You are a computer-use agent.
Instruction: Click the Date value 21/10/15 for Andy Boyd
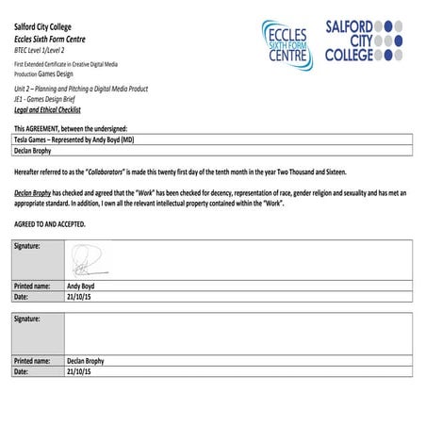(80, 297)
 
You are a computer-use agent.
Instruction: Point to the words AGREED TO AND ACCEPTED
(50, 224)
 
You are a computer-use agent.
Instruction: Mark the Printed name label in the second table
(33, 361)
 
